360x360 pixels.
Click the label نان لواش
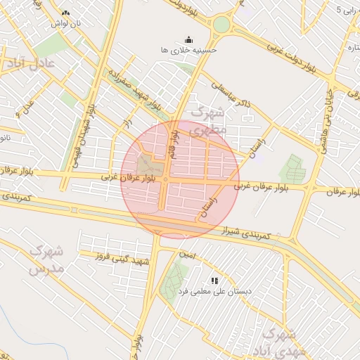[x=65, y=23]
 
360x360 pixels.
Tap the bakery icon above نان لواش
[x=65, y=13]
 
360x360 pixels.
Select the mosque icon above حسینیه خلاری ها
[x=188, y=40]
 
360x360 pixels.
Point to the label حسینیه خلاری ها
[x=189, y=51]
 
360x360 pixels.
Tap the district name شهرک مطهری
[x=209, y=120]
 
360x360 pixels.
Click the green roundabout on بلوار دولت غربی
[x=221, y=25]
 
